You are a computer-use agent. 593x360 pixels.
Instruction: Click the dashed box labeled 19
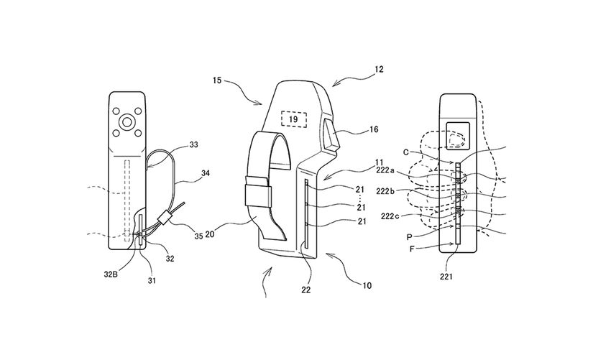pos(294,119)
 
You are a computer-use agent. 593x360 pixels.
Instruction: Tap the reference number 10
pos(367,285)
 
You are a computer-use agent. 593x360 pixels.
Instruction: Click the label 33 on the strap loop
pos(194,144)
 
